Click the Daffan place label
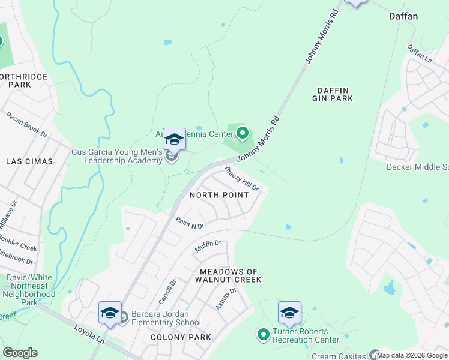[403, 16]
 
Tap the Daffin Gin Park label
[334, 94]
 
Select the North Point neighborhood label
[219, 195]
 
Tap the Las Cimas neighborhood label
[29, 161]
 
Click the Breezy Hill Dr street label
[242, 179]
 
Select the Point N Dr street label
[190, 223]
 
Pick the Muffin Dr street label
[208, 245]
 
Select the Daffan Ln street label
[420, 54]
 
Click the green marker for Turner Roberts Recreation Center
[263, 334]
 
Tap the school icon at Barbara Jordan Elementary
[110, 314]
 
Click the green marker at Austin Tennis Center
[243, 133]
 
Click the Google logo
[20, 352]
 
